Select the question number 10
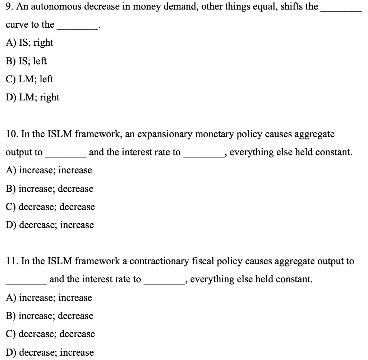tap(12, 135)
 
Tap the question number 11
tap(12, 261)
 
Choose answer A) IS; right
tap(29, 43)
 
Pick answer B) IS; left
tap(26, 61)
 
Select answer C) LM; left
tap(29, 79)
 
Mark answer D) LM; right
tap(33, 97)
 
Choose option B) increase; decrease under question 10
tap(50, 189)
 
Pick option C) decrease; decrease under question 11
tap(50, 334)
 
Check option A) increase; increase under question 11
tap(49, 298)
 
